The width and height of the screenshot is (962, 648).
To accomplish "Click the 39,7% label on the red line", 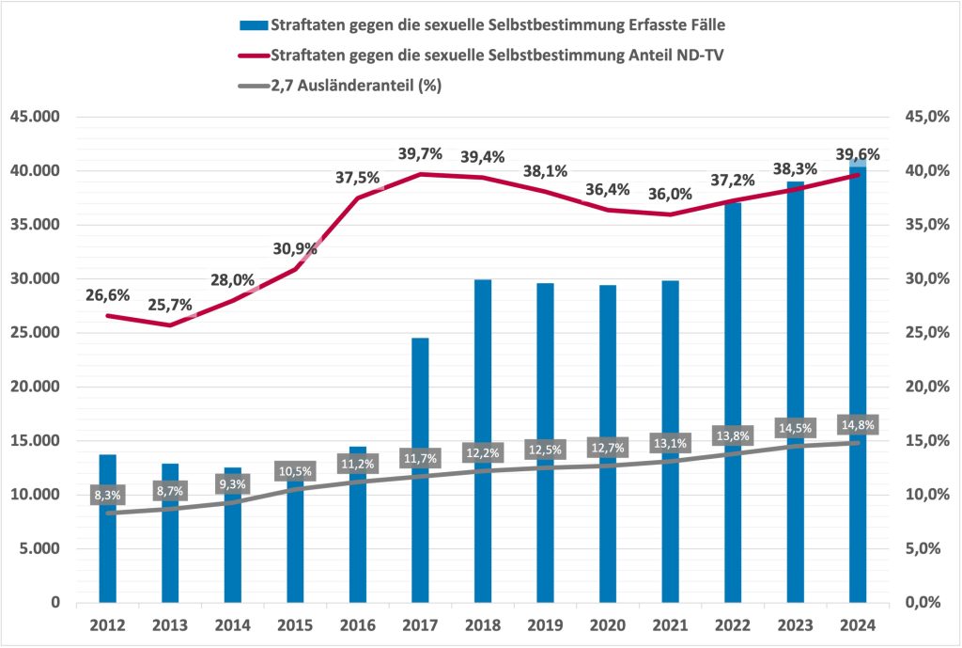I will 420,153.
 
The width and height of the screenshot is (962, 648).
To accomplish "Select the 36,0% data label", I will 670,195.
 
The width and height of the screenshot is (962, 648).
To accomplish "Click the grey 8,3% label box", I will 108,495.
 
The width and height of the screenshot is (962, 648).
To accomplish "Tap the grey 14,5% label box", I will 795,428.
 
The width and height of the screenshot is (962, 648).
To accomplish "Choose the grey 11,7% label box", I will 420,458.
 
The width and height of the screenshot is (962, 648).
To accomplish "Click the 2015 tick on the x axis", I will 295,624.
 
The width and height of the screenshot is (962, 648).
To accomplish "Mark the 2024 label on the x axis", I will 857,624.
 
